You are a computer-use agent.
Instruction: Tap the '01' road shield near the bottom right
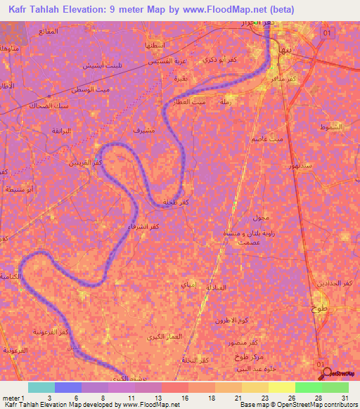point(321,365)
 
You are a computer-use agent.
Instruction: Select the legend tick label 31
point(344,397)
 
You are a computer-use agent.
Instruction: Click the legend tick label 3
point(48,397)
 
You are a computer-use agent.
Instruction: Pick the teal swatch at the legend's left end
point(41,387)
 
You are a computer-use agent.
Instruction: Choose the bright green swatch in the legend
point(309,387)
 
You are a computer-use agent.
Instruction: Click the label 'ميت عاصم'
point(269,140)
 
